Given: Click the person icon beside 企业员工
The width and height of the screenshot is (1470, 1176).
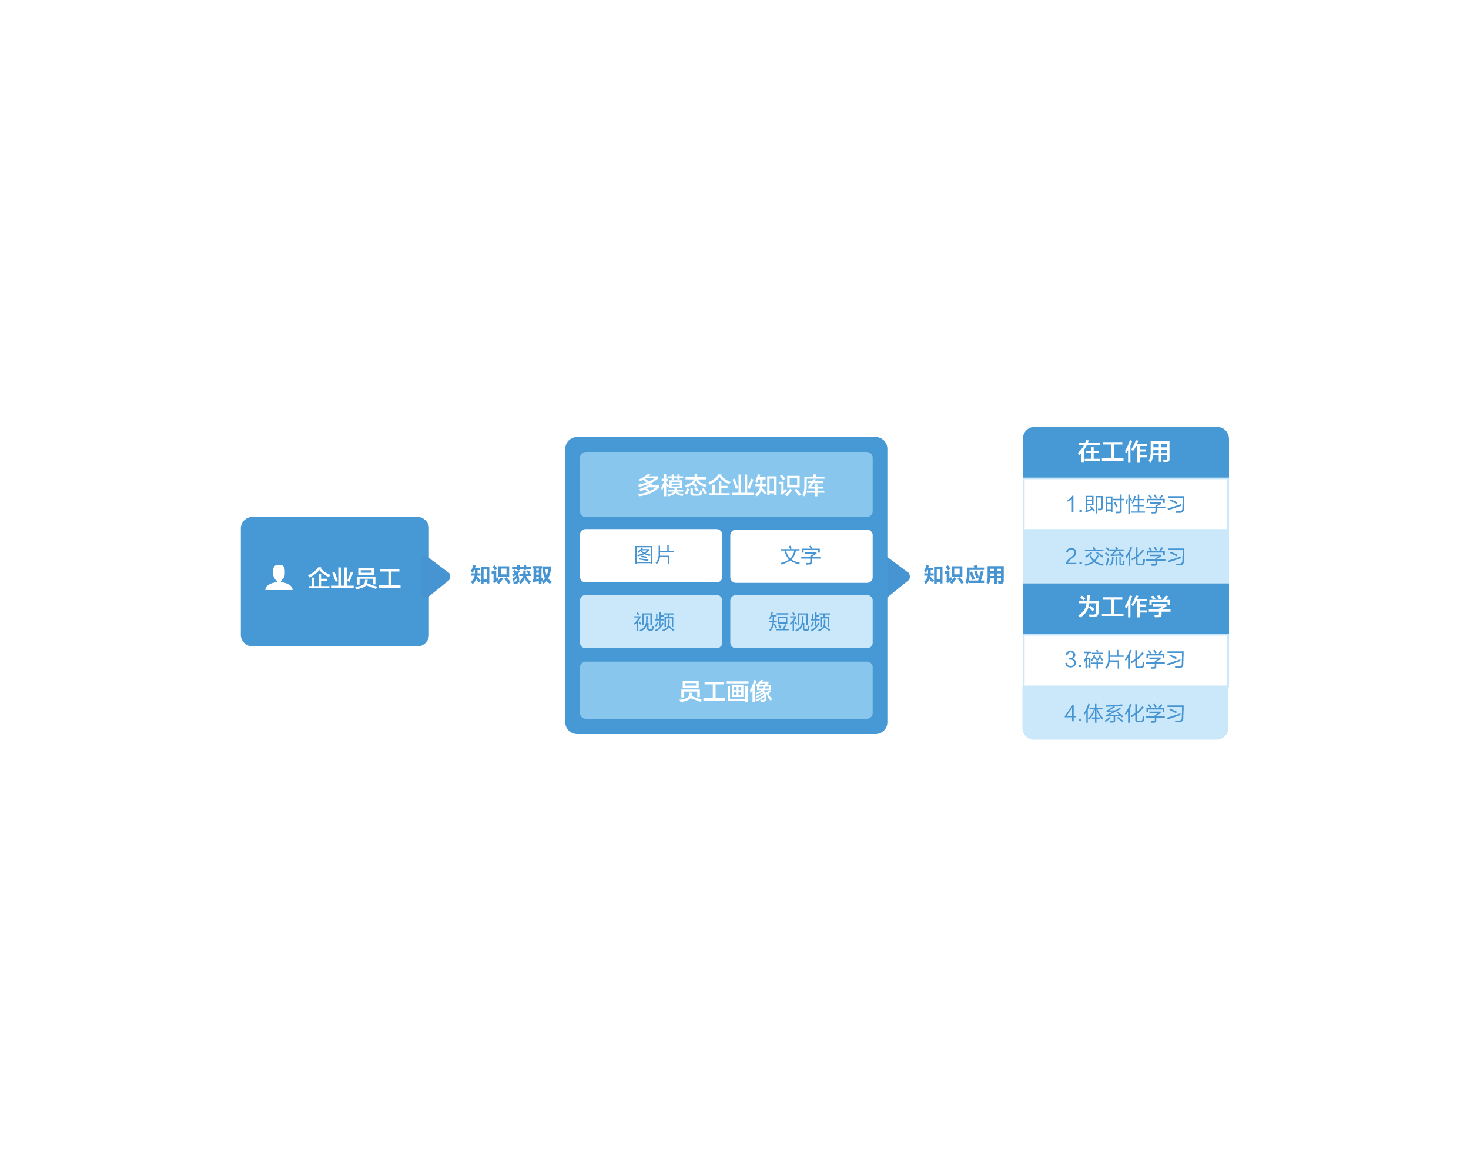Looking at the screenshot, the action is point(279,578).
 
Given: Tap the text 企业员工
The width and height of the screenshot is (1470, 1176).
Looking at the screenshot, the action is point(354,579).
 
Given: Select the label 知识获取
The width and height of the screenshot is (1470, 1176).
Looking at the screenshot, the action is point(511,575).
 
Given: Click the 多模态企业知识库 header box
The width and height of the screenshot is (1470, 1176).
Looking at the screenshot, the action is point(726,485).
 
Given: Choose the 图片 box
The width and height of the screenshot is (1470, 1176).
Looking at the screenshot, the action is point(651,555).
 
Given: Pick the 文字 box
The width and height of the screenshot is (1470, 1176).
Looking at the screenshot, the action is point(801,555).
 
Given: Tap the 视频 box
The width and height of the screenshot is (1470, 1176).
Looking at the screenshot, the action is point(651,622).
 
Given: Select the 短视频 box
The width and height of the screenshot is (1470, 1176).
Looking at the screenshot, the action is point(801,622).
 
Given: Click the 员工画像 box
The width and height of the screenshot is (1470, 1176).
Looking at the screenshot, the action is point(726,691).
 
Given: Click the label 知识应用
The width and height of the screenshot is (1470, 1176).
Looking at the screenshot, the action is point(964,575).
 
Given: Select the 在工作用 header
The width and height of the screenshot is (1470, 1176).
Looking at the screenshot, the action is point(1126,452).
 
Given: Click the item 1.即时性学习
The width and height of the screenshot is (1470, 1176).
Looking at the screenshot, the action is point(1126,504).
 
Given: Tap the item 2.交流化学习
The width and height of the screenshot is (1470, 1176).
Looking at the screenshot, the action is point(1126,557).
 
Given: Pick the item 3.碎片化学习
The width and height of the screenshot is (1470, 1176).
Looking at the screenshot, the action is point(1126,660).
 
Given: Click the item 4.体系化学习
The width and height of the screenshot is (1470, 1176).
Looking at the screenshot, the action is point(1126,713).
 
